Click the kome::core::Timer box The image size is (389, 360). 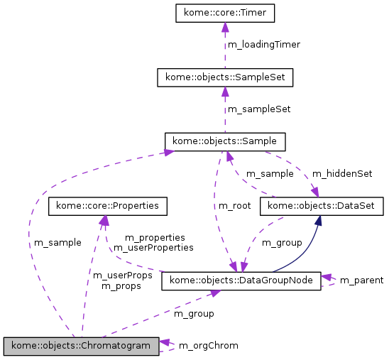pos(224,13)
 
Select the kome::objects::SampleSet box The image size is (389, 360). pos(224,77)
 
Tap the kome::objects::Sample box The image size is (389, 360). pos(224,141)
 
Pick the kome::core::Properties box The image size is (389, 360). pos(107,207)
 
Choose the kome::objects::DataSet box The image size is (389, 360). pos(322,207)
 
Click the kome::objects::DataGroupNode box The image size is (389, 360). pos(241,281)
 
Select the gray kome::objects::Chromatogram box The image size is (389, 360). pos(80,346)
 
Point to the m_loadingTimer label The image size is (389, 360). pos(263,45)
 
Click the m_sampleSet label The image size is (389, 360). pos(258,109)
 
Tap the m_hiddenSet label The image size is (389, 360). pos(342,173)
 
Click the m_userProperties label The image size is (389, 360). pos(153,248)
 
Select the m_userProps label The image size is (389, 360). pos(123,276)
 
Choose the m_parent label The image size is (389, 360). pos(361,280)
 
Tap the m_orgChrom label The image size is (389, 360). pos(208,346)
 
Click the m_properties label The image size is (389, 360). pos(155,238)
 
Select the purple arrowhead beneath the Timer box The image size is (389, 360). pos(224,28)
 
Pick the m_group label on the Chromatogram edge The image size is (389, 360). pos(194,313)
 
